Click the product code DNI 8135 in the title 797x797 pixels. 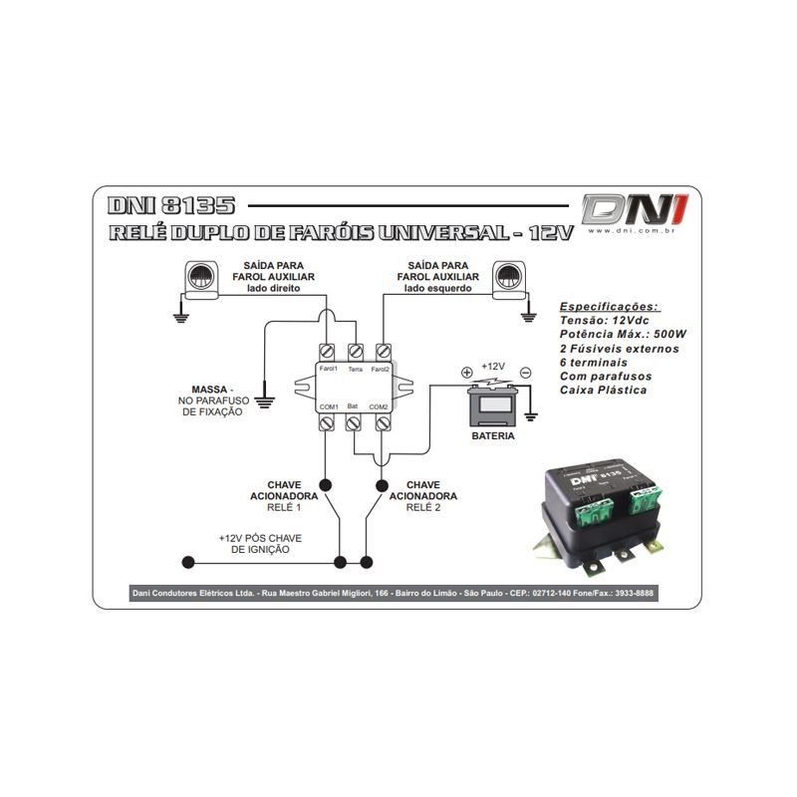click(x=170, y=206)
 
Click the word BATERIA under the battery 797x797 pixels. click(x=493, y=436)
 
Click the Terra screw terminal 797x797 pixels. click(x=356, y=352)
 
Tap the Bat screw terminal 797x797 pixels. click(x=354, y=423)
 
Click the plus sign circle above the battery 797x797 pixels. click(x=466, y=374)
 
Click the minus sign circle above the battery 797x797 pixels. click(x=525, y=374)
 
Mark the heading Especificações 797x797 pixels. click(x=610, y=307)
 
